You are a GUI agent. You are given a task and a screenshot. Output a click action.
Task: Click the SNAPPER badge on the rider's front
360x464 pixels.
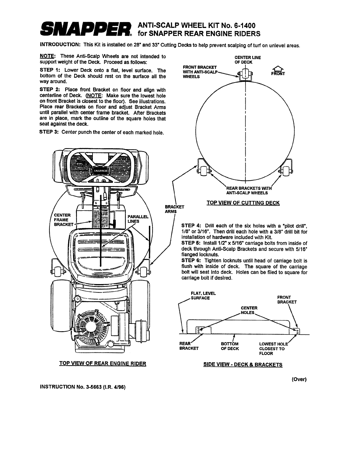click(x=100, y=170)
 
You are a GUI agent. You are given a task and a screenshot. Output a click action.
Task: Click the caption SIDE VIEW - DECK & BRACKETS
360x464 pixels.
click(x=243, y=364)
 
